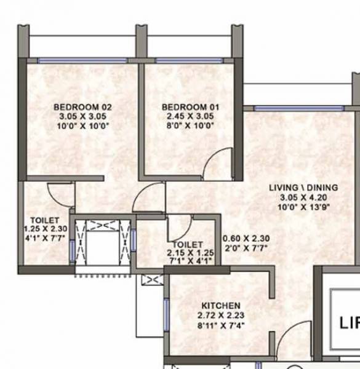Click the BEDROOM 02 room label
pyautogui.click(x=82, y=107)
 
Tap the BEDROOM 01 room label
pyautogui.click(x=190, y=107)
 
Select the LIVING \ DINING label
pyautogui.click(x=297, y=188)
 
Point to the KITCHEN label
pyautogui.click(x=220, y=306)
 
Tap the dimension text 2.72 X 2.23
pyautogui.click(x=220, y=315)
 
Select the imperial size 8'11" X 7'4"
pyautogui.click(x=220, y=325)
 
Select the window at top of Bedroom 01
pyautogui.click(x=189, y=60)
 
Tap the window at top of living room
pyautogui.click(x=281, y=108)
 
